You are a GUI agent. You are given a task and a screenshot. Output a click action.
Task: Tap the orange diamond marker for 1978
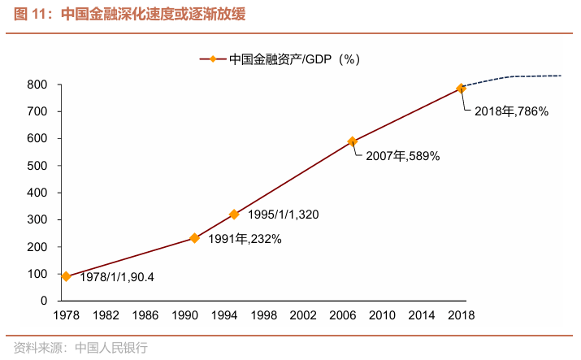(66, 276)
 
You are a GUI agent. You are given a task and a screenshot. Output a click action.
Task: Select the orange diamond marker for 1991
(194, 238)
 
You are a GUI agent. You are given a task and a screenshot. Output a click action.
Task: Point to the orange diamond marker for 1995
(234, 215)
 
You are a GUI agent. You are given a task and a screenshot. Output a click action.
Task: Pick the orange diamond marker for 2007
(352, 141)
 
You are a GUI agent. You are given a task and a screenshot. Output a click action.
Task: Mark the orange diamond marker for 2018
(461, 88)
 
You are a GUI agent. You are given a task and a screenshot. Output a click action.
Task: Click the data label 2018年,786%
(512, 111)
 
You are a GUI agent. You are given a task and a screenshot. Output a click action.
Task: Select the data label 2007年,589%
(402, 156)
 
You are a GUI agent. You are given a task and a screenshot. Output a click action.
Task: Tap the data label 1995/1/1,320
(284, 215)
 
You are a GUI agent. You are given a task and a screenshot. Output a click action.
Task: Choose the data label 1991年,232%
(245, 239)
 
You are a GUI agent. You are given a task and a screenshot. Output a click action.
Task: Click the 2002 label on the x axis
(303, 315)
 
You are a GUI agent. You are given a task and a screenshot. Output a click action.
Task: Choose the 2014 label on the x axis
(422, 315)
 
